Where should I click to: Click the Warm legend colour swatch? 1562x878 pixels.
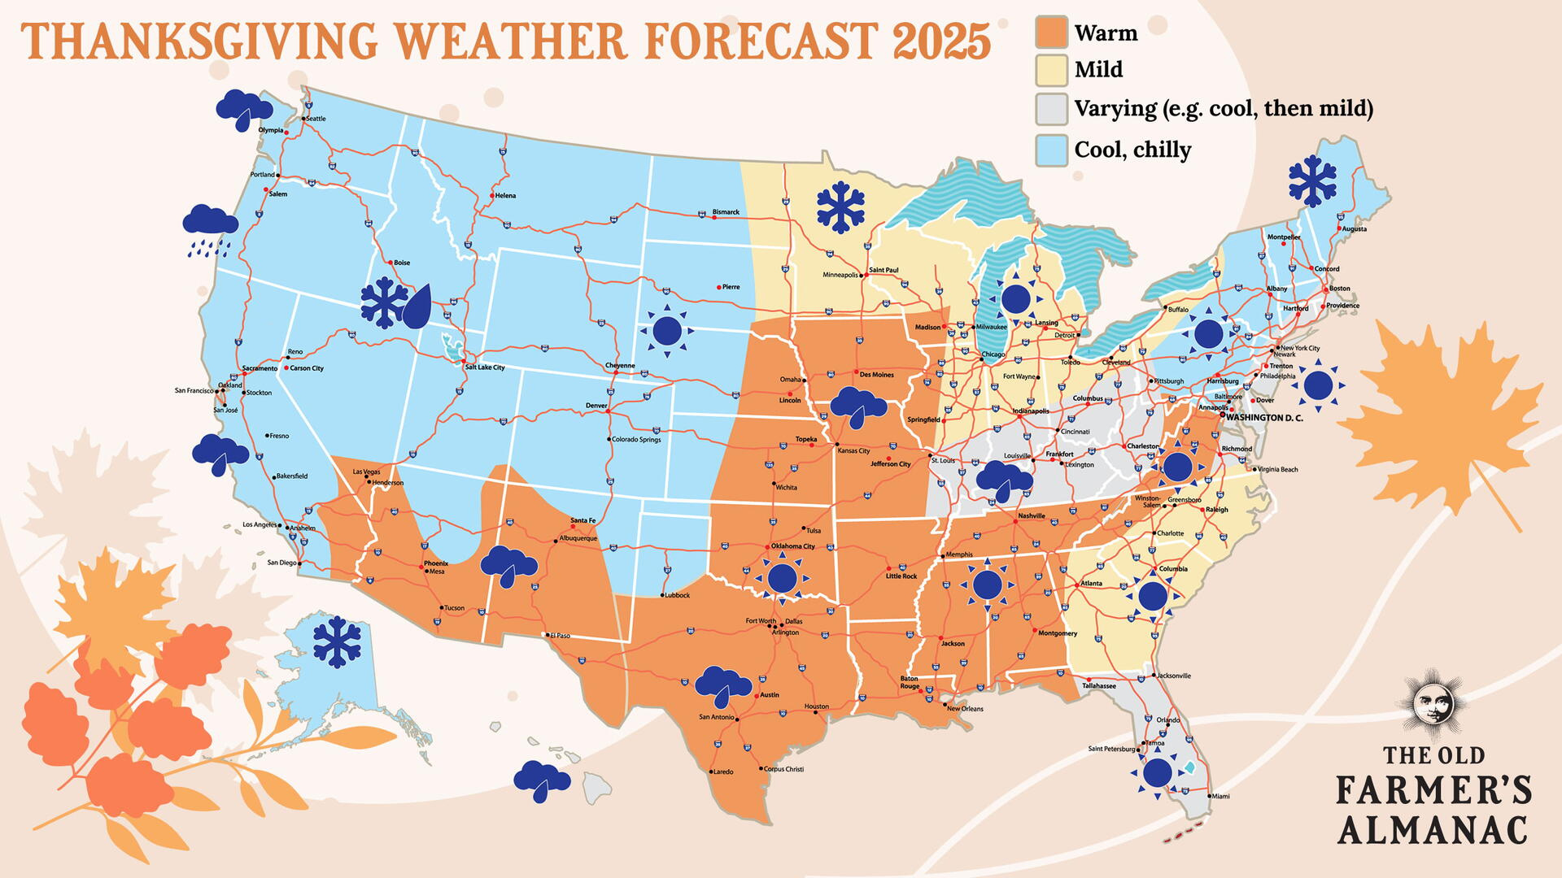click(x=1051, y=33)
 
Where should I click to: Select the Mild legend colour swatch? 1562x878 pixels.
click(x=1051, y=70)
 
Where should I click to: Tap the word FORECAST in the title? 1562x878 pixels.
click(x=761, y=41)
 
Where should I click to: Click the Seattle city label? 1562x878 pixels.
click(x=316, y=119)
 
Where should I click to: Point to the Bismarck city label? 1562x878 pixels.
click(x=726, y=212)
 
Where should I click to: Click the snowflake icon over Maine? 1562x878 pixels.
click(x=1312, y=180)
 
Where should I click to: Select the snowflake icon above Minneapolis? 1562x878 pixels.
click(x=840, y=208)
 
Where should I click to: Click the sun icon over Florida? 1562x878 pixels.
click(x=1157, y=772)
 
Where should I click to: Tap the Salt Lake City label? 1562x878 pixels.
click(x=485, y=367)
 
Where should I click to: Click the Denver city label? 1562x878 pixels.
click(x=596, y=406)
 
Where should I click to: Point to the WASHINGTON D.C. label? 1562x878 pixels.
click(x=1264, y=418)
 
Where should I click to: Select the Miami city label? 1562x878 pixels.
click(x=1220, y=797)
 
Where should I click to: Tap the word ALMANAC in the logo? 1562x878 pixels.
click(x=1432, y=831)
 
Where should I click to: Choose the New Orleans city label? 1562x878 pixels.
click(x=965, y=709)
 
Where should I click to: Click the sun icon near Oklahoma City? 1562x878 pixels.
click(x=782, y=578)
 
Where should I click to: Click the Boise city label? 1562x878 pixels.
click(x=402, y=263)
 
